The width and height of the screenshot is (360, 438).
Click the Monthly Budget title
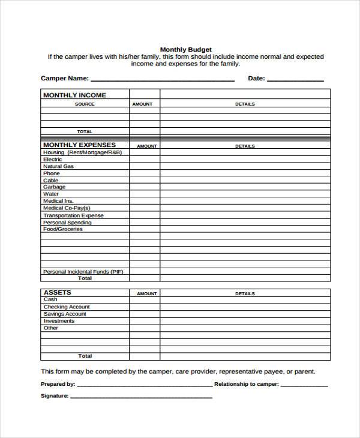tap(185, 49)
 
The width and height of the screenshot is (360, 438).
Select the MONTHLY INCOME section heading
tap(74, 95)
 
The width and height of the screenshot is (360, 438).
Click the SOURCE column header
tap(85, 104)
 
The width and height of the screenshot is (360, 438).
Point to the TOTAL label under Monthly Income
tap(85, 131)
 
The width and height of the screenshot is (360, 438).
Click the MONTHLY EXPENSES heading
tap(79, 145)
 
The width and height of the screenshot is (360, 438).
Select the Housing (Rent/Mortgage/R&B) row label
tap(82, 152)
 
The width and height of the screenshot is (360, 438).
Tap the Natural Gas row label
tap(58, 166)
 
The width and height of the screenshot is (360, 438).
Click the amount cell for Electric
tap(145, 160)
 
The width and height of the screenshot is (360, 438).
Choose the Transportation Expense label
tap(73, 215)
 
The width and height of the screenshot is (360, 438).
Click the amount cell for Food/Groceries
tap(145, 229)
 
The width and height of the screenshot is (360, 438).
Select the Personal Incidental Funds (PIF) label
tap(83, 272)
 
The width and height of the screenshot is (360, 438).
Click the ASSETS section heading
tap(57, 293)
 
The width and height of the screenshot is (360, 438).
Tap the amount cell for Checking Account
tap(145, 307)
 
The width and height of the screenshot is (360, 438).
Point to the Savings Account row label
tap(65, 314)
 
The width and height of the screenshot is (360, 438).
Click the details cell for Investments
tap(245, 321)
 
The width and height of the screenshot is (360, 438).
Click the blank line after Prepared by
tap(144, 385)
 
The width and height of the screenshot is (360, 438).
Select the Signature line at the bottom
tap(141, 397)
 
